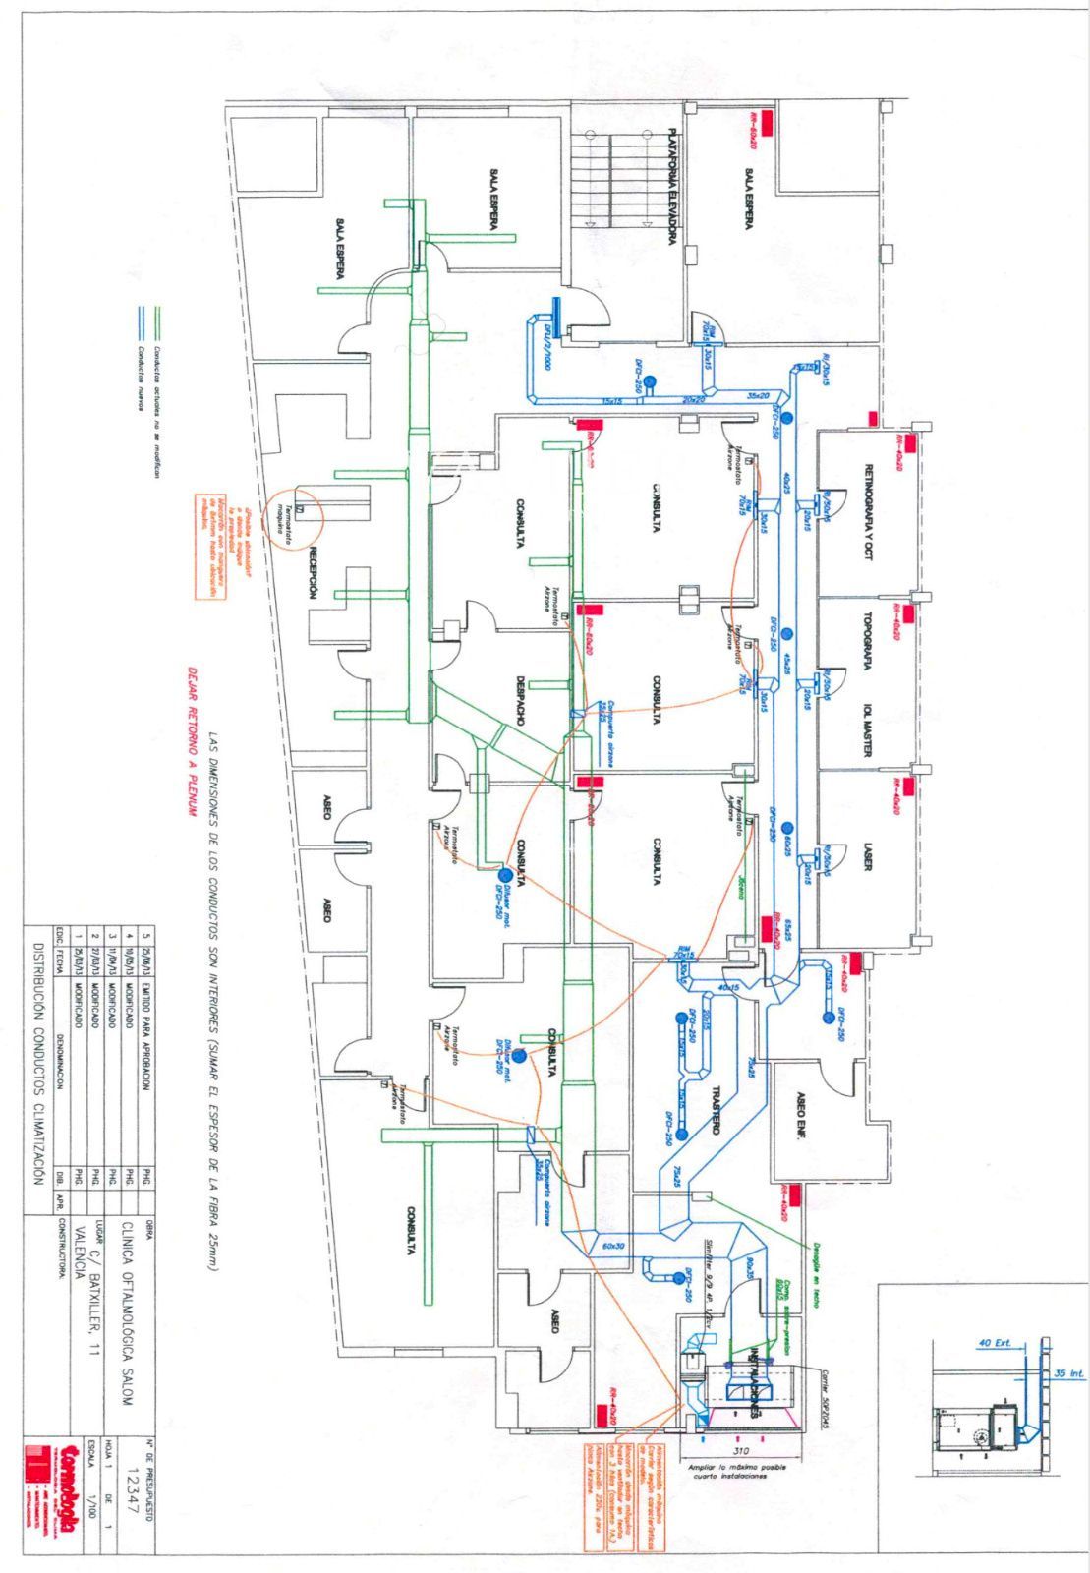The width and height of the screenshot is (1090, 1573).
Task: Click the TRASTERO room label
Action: tap(716, 1112)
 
